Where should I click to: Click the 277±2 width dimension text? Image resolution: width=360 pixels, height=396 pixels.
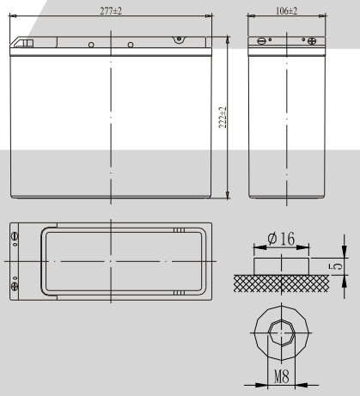(x=111, y=9)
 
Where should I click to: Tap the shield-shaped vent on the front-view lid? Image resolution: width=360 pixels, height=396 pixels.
(x=179, y=40)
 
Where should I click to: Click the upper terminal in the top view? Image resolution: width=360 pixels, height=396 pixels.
(x=14, y=235)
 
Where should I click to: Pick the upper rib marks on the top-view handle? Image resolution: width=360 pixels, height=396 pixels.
(x=179, y=231)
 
